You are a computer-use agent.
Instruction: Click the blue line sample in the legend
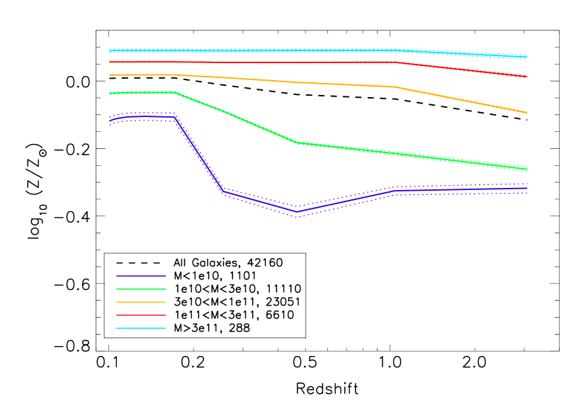pyautogui.click(x=141, y=275)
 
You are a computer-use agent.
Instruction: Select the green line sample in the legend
pyautogui.click(x=141, y=289)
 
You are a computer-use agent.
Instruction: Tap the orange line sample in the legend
pyautogui.click(x=141, y=302)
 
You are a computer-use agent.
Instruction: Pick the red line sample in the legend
pyautogui.click(x=141, y=315)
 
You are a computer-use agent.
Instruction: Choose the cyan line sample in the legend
pyautogui.click(x=141, y=328)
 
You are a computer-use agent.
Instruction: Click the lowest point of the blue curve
pyautogui.click(x=297, y=211)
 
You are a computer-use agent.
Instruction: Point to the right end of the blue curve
pyautogui.click(x=528, y=189)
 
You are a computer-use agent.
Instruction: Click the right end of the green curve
pyautogui.click(x=528, y=169)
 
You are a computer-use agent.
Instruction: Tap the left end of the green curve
pyautogui.click(x=110, y=93)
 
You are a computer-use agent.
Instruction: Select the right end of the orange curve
pyautogui.click(x=528, y=113)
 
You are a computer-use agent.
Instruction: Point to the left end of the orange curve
pyautogui.click(x=110, y=74)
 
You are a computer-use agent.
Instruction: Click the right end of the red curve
pyautogui.click(x=528, y=77)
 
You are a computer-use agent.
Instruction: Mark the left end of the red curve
pyautogui.click(x=110, y=62)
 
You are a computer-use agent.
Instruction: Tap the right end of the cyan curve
pyautogui.click(x=528, y=57)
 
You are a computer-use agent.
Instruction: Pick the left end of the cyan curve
pyautogui.click(x=110, y=51)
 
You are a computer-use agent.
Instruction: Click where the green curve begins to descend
pyautogui.click(x=174, y=92)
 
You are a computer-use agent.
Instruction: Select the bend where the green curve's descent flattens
pyautogui.click(x=297, y=143)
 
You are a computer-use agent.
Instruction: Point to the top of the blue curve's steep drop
pyautogui.click(x=176, y=117)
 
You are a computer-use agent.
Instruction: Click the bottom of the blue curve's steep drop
pyautogui.click(x=222, y=191)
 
